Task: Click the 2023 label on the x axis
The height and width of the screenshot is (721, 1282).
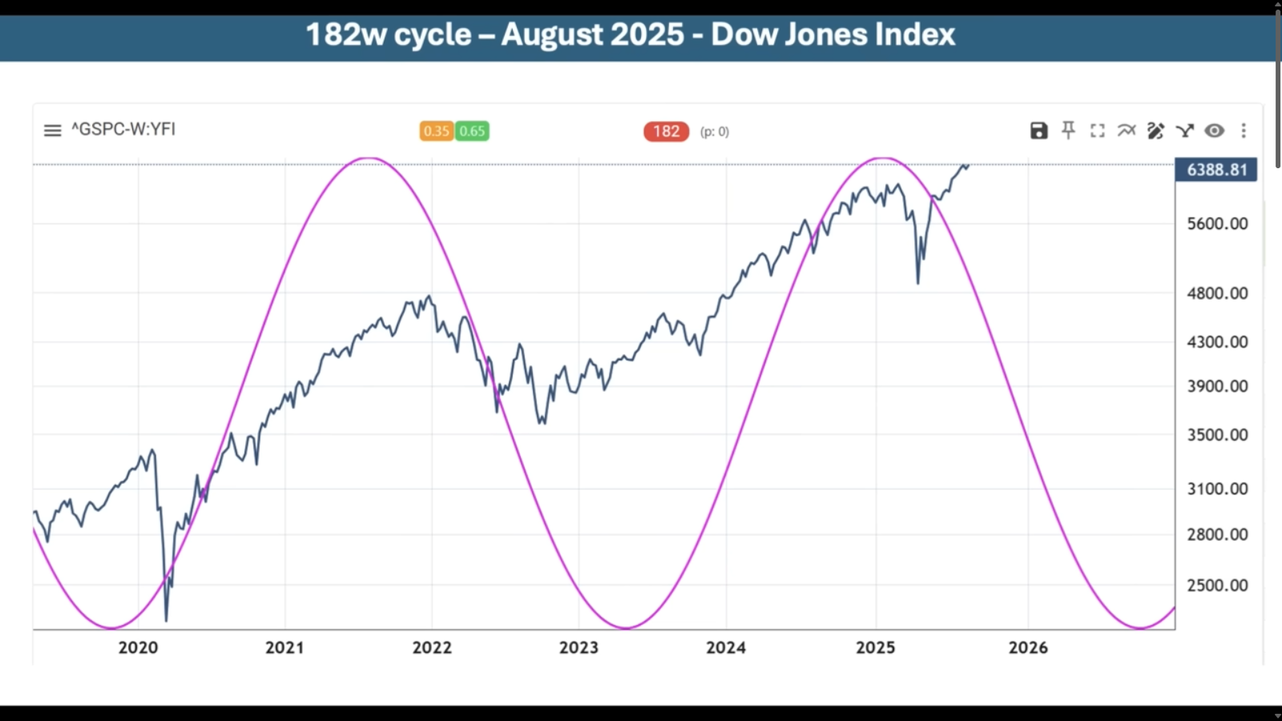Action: [579, 647]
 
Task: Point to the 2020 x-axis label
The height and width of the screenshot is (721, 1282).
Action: [138, 647]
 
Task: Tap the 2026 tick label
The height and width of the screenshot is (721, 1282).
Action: [1028, 647]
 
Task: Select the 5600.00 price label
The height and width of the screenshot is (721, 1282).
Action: [1217, 224]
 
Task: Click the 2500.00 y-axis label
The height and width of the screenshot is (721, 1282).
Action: [1217, 585]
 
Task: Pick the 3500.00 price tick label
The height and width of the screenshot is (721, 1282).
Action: [1217, 434]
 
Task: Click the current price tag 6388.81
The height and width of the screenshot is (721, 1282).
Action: [1216, 170]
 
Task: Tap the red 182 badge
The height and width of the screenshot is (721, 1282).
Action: [666, 131]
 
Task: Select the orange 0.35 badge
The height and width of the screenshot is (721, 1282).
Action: [437, 131]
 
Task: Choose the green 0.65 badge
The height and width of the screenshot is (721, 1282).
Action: [472, 131]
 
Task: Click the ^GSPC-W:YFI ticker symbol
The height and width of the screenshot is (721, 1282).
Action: [123, 129]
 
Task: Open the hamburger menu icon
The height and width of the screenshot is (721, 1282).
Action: [52, 130]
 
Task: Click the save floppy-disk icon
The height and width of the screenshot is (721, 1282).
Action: [1038, 131]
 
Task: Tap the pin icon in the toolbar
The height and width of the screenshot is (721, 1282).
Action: [1068, 131]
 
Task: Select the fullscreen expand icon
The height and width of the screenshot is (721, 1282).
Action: [1097, 131]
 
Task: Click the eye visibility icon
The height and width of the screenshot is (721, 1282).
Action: [1214, 131]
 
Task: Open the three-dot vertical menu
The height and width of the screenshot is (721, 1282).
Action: [1244, 131]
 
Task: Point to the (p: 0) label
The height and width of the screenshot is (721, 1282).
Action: [715, 131]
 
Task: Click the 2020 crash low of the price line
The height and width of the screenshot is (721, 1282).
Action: [167, 619]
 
